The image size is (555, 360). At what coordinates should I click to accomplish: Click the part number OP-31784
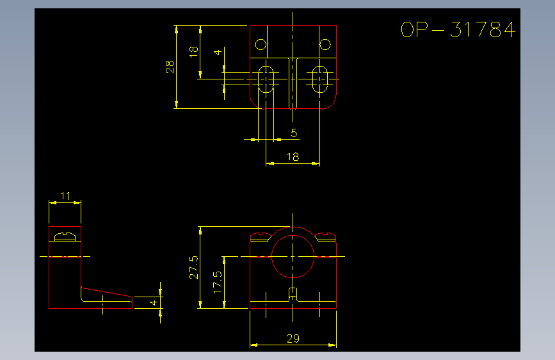[458, 29]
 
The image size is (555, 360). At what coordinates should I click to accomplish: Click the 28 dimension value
[170, 67]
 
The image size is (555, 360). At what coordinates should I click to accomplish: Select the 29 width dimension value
[293, 339]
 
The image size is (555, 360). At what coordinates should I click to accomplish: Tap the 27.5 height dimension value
[193, 268]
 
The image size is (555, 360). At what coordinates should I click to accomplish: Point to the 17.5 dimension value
[218, 282]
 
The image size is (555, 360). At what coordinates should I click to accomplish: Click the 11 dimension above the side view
[65, 196]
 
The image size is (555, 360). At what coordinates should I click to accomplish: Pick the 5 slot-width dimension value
[294, 133]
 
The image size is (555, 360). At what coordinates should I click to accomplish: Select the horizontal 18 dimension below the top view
[293, 156]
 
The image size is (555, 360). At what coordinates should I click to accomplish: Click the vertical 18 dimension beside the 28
[193, 52]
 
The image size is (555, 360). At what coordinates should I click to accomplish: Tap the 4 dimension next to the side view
[154, 302]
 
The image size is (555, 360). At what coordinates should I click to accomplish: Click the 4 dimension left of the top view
[218, 53]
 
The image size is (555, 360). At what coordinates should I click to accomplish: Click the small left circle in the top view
[261, 45]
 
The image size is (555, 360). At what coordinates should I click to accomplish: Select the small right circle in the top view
[325, 45]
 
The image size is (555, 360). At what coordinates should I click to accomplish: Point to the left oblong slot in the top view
[259, 79]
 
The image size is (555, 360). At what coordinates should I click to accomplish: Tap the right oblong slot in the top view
[312, 79]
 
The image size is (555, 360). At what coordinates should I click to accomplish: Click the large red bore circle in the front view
[272, 256]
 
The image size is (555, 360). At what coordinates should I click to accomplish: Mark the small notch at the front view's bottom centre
[293, 295]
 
